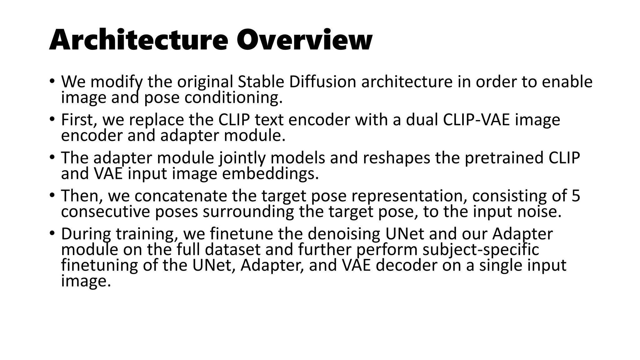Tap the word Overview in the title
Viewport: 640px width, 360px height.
304,40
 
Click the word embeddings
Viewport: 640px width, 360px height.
270,174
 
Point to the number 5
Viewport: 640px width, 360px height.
576,196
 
